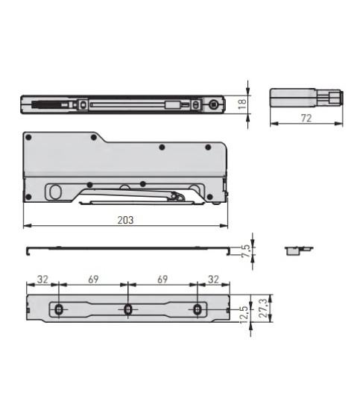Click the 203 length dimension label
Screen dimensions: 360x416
click(125, 220)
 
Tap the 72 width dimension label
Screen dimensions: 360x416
click(306, 118)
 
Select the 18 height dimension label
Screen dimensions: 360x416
click(242, 104)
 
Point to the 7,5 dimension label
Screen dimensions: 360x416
click(246, 250)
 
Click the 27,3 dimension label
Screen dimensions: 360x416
click(263, 309)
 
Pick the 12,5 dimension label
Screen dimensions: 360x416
click(244, 315)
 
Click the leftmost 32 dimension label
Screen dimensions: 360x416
click(42, 280)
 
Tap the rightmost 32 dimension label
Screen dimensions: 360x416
click(214, 280)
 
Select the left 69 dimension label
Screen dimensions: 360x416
click(93, 280)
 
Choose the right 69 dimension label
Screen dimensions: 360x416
click(162, 280)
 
